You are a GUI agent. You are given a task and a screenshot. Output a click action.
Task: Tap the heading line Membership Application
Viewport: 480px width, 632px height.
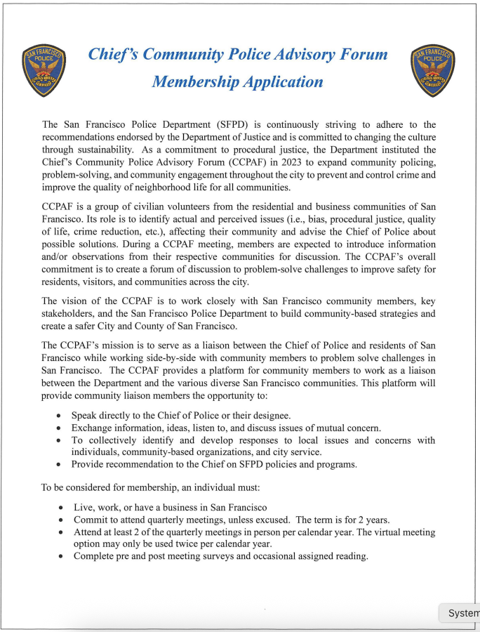pos(237,81)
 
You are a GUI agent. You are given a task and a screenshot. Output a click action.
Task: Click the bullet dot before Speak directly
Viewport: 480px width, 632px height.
pos(58,416)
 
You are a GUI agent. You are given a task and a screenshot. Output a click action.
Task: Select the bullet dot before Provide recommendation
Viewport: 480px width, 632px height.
pos(58,465)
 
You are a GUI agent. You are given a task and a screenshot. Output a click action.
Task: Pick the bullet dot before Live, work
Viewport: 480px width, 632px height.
pos(62,508)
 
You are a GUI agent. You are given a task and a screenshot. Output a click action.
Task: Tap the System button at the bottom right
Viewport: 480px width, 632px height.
pos(461,613)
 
